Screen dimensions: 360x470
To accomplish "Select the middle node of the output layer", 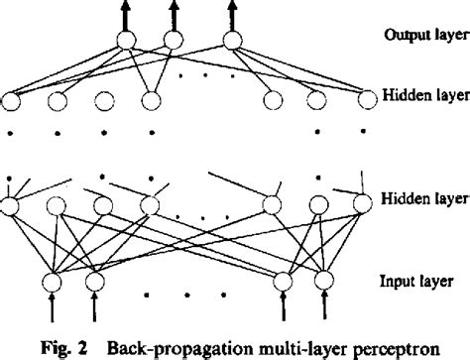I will pos(175,42).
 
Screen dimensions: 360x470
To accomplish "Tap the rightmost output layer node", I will pos(233,42).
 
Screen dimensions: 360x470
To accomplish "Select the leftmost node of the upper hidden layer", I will pos(14,100).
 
